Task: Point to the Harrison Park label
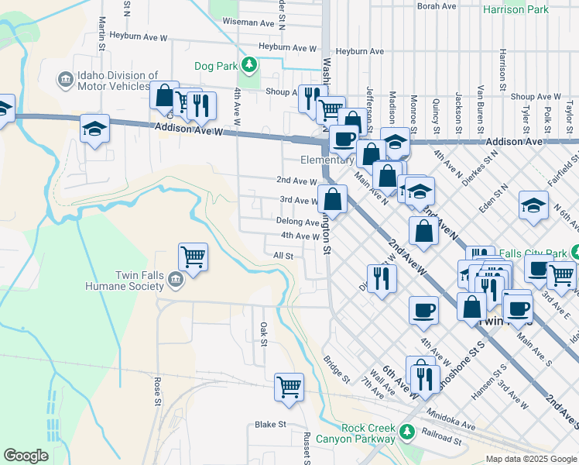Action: [515, 10]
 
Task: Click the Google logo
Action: [26, 455]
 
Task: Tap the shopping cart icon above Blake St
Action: [289, 385]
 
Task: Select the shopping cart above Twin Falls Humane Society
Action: [193, 256]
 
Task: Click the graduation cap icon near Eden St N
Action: [533, 205]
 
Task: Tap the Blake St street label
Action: [271, 425]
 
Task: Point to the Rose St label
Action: [157, 391]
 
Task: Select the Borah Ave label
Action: [437, 6]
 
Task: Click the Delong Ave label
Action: [297, 222]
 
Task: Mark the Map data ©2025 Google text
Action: [531, 459]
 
